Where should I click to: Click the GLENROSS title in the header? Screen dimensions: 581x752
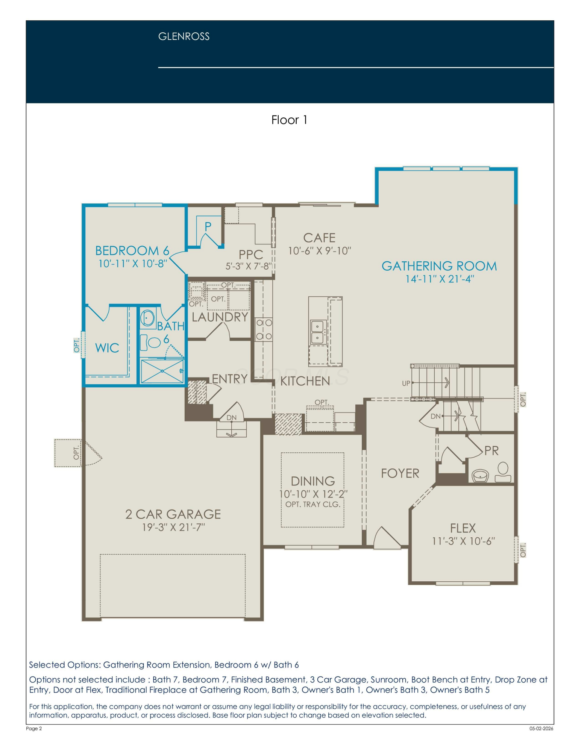click(x=184, y=36)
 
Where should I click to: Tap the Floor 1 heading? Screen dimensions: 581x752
click(x=289, y=120)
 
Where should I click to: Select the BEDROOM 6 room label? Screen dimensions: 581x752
click(x=132, y=250)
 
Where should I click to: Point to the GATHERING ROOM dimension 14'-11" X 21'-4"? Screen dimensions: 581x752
click(x=440, y=279)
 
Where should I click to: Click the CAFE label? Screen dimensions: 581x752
click(x=319, y=238)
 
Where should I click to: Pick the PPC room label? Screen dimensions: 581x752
click(x=250, y=255)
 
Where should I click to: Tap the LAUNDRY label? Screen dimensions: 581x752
click(x=220, y=317)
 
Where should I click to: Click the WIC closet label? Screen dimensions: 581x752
click(x=107, y=348)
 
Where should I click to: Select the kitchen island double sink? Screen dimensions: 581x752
click(x=317, y=332)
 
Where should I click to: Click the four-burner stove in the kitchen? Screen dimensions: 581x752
click(x=264, y=329)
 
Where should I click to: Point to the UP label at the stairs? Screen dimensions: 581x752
click(x=406, y=384)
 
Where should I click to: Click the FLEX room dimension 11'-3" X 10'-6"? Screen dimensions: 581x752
click(x=463, y=541)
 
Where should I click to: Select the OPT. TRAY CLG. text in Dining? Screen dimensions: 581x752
click(x=313, y=504)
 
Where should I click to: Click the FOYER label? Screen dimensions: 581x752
click(x=400, y=473)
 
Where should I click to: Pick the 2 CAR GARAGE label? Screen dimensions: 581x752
click(x=173, y=514)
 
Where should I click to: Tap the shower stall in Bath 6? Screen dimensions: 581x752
click(x=162, y=371)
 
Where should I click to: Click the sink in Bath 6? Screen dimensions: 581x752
click(x=147, y=318)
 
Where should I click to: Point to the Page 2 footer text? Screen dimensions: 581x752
click(x=34, y=728)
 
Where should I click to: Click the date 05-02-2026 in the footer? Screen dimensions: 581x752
click(x=542, y=728)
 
